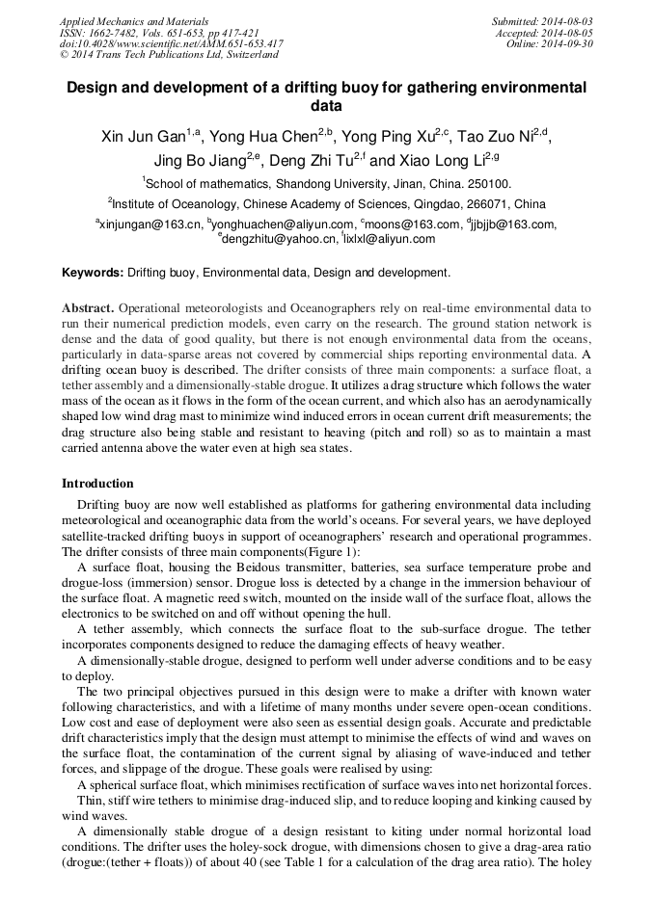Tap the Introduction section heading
coord(97,483)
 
